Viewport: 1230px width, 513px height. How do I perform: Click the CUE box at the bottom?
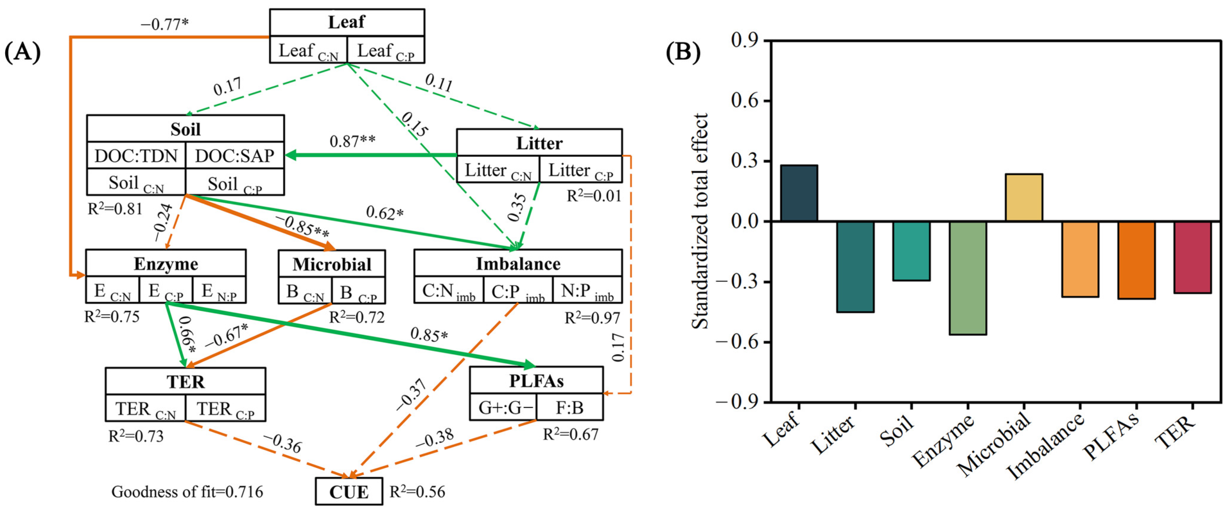coord(349,492)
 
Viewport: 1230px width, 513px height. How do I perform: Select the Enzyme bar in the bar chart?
coord(968,278)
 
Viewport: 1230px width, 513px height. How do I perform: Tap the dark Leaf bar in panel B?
coord(799,193)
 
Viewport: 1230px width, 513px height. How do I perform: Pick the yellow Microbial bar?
coord(1024,197)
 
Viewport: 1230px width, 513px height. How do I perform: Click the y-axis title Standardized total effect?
coord(700,221)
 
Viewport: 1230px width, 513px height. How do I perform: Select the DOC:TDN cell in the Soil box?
coord(136,156)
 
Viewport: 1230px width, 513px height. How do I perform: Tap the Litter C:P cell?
coord(581,170)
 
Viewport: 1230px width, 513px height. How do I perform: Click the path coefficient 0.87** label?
coord(352,141)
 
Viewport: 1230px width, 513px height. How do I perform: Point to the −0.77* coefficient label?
coord(165,24)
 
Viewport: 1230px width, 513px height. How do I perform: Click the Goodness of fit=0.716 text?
coord(187,492)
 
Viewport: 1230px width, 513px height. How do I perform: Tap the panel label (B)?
coord(682,52)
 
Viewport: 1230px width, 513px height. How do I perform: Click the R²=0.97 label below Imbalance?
coord(592,318)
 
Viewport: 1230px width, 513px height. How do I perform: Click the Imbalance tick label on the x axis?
coord(1046,446)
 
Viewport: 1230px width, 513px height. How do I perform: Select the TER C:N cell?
coord(146,409)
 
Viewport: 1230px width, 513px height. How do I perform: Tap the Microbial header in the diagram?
coord(332,264)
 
